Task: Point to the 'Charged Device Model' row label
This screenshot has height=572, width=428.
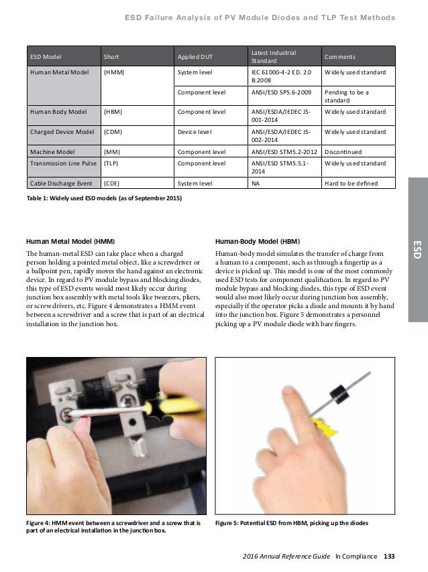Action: point(59,131)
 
